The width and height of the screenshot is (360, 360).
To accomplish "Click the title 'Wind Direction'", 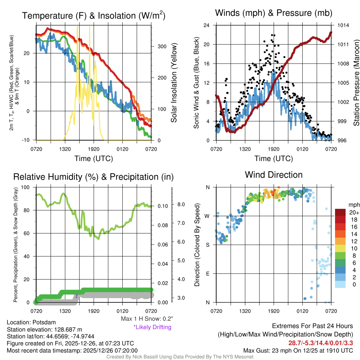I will coord(274,175).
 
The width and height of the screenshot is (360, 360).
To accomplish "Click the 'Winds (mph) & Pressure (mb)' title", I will coord(274,13).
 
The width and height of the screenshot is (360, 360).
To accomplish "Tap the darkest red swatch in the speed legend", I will coord(340,212).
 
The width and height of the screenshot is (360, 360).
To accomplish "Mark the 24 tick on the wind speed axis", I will coord(207,25).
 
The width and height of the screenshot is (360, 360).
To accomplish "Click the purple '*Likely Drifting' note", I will coord(152,327).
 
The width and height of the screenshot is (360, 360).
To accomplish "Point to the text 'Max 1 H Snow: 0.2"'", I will coord(147,319).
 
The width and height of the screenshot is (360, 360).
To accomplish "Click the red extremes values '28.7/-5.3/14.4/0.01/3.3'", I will coord(321,343).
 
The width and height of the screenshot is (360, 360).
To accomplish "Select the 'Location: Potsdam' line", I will coord(31,322).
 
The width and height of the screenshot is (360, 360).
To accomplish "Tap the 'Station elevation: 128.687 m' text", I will coord(44,329).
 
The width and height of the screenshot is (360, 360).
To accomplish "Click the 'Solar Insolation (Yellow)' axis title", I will coord(174,83).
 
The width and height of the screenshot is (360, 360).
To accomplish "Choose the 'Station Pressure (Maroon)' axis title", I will coord(356,83).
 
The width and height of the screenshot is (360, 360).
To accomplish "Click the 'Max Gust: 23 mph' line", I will coord(298,351).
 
